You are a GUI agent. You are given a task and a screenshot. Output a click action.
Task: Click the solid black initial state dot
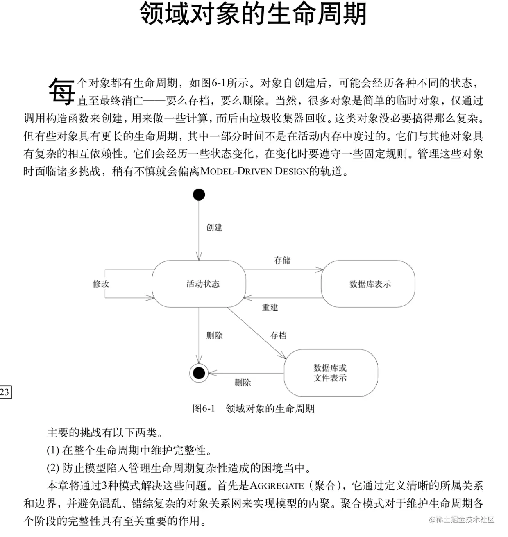pos(199,195)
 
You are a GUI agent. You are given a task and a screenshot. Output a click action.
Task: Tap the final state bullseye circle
pos(199,373)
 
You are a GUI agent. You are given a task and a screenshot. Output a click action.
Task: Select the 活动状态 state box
pos(199,284)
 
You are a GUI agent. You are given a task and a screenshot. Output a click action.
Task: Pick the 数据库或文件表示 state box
pos(331,373)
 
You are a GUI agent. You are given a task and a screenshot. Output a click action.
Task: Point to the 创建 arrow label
pos(214,227)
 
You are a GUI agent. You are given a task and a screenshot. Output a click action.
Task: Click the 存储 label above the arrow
pos(282,261)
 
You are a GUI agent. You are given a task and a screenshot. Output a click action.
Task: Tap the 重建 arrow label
pos(270,307)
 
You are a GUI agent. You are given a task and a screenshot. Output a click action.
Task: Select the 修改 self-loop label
pos(101,283)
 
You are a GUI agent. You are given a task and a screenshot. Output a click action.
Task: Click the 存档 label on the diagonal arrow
pos(279,335)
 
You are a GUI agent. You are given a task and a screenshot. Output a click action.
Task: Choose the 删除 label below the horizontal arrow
pos(243,382)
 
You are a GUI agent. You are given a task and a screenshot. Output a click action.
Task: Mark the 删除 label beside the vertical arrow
pos(214,335)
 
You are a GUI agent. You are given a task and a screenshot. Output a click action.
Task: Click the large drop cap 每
pos(61,91)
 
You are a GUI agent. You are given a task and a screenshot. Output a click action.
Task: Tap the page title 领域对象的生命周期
pos(253,14)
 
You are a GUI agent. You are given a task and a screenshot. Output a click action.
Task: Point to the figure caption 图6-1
pos(204,408)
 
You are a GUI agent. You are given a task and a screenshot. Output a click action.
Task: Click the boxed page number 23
pos(5,392)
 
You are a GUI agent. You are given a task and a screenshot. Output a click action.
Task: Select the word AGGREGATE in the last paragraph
pos(277,486)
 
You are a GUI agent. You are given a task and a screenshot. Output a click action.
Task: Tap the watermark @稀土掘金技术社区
pos(462,520)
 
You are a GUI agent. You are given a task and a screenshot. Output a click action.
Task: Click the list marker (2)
pos(53,468)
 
